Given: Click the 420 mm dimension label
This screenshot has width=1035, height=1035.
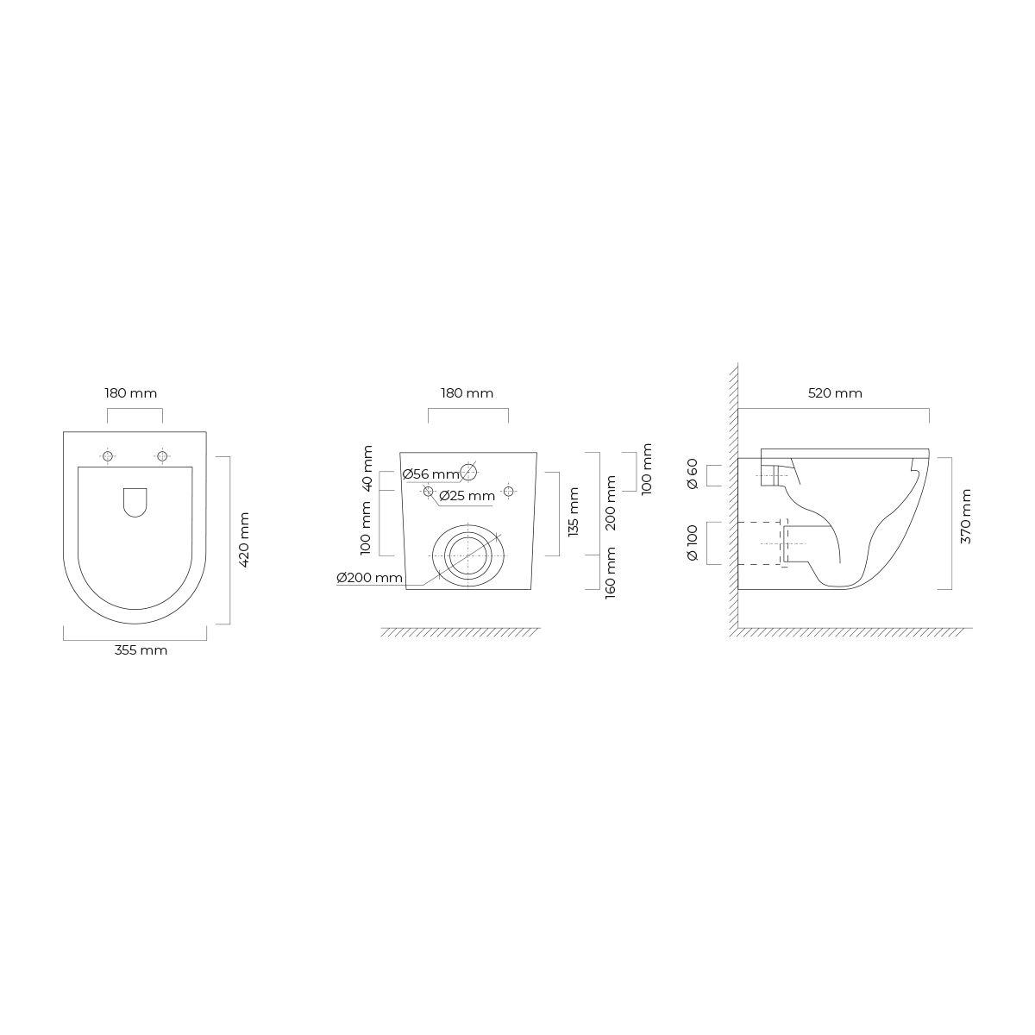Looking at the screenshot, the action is coord(244,540).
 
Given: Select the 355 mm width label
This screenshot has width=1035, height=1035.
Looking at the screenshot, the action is coord(141,650).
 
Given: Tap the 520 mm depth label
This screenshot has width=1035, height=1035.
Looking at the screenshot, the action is coord(835,393).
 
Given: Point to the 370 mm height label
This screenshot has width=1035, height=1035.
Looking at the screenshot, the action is coord(966,516).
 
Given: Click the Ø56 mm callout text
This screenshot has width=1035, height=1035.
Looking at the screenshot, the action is coord(431,474).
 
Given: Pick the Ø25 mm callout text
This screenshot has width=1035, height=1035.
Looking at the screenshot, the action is coord(467,496).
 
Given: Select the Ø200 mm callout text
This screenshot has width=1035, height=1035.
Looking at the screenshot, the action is coord(369,578).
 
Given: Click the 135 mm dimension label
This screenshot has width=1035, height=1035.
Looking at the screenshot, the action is coord(574,511).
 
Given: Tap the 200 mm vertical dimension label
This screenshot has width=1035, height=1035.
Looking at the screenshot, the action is coord(611,503).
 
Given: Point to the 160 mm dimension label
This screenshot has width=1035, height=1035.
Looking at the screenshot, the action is coord(611,573).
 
